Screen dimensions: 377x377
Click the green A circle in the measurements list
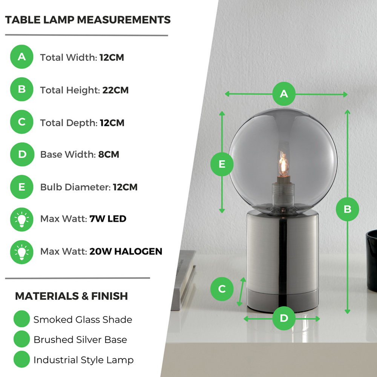point(21,57)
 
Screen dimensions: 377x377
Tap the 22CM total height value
point(115,90)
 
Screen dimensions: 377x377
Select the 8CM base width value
point(109,154)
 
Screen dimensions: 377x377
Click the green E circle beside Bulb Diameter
point(21,187)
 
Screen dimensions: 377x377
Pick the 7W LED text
point(108,219)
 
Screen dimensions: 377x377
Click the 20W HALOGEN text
point(126,251)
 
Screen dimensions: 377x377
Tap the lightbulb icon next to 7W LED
point(21,219)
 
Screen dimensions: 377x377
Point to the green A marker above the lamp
point(284,94)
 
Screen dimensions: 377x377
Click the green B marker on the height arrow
point(348,209)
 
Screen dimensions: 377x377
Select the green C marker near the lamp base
point(222,289)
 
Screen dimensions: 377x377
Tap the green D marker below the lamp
point(284,318)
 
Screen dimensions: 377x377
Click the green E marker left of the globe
point(222,164)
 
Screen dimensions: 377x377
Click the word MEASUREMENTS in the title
point(124,20)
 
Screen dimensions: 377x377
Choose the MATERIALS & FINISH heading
point(71,296)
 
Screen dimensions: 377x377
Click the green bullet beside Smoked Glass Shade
point(21,319)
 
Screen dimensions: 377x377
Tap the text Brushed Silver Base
point(80,340)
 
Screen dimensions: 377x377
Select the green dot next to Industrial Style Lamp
point(21,359)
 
